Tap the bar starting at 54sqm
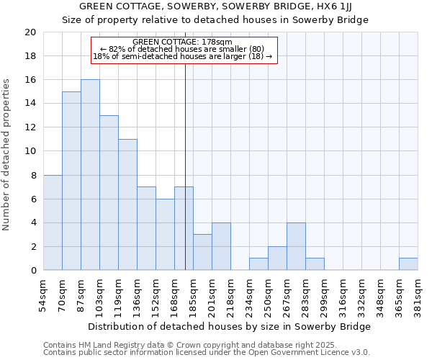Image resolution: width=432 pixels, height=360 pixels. [x=53, y=222]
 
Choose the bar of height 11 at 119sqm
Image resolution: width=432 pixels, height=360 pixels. [x=127, y=204]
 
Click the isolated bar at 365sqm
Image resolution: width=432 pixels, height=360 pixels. [x=408, y=264]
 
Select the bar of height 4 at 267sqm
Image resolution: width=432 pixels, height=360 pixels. [x=296, y=246]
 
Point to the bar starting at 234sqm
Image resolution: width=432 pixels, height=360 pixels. [x=258, y=264]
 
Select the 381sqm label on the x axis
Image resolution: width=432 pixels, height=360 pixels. [x=418, y=296]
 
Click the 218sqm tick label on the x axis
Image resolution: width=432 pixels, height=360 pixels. [x=231, y=296]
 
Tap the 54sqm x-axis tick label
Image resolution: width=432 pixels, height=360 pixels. [x=44, y=296]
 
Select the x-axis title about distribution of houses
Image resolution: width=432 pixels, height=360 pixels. [x=230, y=326]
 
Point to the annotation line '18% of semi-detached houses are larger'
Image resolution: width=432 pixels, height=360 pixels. [x=183, y=56]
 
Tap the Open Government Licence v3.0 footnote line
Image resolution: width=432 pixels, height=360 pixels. [x=207, y=353]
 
